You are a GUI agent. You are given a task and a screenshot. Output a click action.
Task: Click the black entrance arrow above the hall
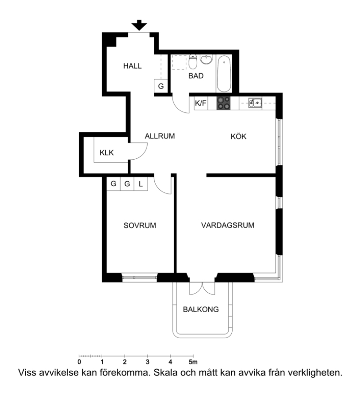[x=139, y=25]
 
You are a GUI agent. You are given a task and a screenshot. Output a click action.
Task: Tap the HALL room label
[x=132, y=66]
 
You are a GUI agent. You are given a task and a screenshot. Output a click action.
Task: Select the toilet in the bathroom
[x=193, y=61]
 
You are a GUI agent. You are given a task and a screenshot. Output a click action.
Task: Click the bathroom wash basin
[x=207, y=59]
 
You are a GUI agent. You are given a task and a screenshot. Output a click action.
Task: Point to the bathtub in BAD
[x=224, y=73]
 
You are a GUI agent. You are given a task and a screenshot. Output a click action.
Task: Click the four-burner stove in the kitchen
[x=223, y=103]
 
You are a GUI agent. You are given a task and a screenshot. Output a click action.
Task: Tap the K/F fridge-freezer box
[x=201, y=103]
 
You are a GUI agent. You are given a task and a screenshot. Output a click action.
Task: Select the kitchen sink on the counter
[x=255, y=103]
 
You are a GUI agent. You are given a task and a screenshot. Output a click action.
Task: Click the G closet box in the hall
[x=161, y=86]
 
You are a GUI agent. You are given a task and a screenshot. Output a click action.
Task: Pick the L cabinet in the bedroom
[x=141, y=184]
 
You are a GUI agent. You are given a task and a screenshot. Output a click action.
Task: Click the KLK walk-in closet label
[x=107, y=153]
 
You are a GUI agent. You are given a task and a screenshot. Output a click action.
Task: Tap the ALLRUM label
[x=160, y=136]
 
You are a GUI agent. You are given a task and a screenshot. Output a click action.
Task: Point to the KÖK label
[x=238, y=136]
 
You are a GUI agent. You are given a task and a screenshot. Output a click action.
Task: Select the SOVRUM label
[x=140, y=226]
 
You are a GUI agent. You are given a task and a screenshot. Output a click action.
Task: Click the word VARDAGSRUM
[x=227, y=226]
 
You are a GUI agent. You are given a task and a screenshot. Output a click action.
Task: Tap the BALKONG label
[x=201, y=310]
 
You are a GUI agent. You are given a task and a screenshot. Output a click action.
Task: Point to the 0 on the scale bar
[x=79, y=362]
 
